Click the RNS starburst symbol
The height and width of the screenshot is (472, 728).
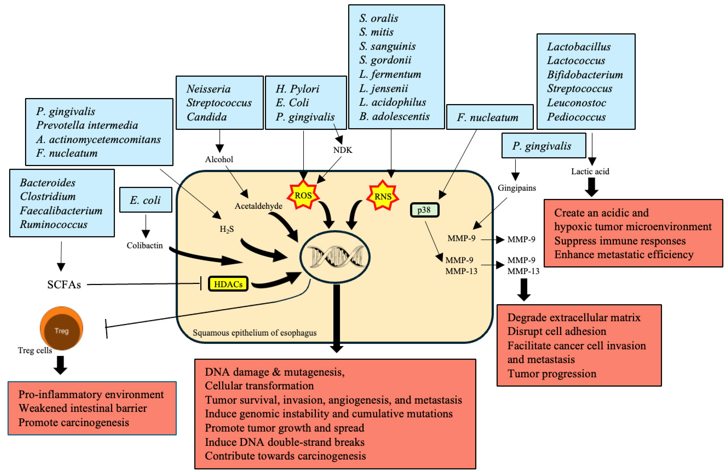point(383,196)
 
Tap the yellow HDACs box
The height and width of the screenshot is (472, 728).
point(228,284)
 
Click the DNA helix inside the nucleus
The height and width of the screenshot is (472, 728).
point(335,256)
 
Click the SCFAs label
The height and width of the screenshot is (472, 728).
point(64,285)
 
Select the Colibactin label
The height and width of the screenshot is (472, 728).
point(145,245)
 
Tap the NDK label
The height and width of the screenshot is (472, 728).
point(343,150)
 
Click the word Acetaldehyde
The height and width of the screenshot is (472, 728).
point(258,206)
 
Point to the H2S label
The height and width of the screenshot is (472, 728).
point(227,229)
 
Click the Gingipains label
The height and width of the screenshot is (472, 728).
point(517,188)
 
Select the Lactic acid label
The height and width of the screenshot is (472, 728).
point(590,171)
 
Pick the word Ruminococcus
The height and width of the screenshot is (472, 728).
point(54,224)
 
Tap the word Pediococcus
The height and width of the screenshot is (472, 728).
point(576,117)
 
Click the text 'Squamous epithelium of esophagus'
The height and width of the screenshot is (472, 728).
point(254,332)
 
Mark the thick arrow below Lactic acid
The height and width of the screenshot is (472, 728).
point(592,187)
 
